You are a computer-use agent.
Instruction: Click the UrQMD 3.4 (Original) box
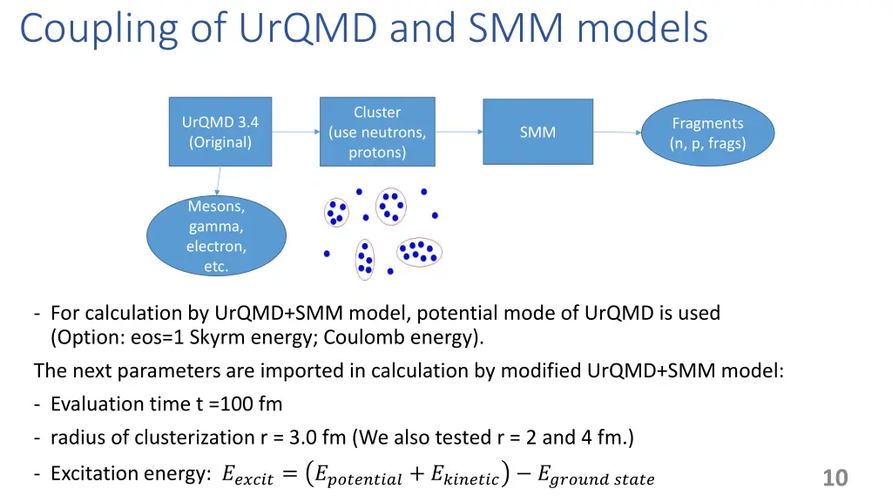(x=220, y=132)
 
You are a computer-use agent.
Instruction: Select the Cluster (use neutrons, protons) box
(x=376, y=132)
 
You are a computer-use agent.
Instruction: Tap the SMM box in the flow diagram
(x=537, y=132)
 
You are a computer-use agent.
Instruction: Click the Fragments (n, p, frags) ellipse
(x=707, y=133)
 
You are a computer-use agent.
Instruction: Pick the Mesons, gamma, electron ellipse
(x=216, y=236)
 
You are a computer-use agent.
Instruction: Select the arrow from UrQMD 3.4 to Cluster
(x=296, y=132)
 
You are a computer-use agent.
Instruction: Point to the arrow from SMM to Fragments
(x=618, y=133)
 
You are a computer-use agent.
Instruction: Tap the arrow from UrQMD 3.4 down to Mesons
(x=217, y=180)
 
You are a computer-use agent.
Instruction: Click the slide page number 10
(x=835, y=478)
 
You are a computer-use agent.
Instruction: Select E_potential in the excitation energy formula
(x=358, y=476)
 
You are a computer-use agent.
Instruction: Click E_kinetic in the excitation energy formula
(x=465, y=476)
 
